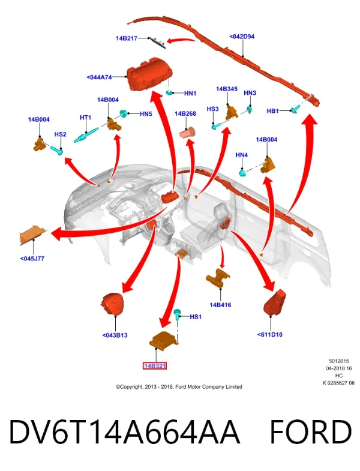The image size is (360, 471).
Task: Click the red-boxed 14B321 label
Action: coord(154,365)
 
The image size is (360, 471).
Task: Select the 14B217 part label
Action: coord(127,38)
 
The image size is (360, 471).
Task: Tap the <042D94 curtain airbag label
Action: coord(242,37)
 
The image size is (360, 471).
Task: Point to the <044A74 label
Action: coord(99,77)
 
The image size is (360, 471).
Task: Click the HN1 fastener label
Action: coord(190,94)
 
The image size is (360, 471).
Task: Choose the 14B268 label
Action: coord(185,113)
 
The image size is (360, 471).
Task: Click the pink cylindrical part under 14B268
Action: coord(187,133)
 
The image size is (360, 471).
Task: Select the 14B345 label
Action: coord(227,89)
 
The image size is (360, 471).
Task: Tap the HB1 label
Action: coord(273,111)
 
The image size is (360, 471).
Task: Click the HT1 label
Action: coord(85,118)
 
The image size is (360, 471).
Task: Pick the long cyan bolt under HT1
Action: coord(86,135)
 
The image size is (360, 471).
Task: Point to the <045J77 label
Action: coord(32,259)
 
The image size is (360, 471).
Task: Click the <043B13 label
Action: coord(115,335)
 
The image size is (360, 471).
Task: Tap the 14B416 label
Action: coord(220,305)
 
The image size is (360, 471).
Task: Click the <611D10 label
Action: coord(270,334)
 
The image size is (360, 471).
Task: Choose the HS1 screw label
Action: coord(196,317)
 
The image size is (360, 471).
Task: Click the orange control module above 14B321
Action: coord(164,341)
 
